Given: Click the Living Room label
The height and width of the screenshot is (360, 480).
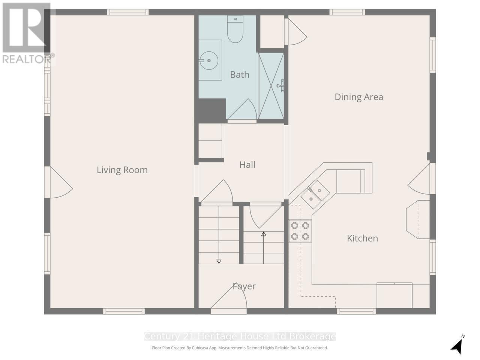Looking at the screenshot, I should coord(122,170).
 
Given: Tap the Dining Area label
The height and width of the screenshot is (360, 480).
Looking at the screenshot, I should coord(358,97).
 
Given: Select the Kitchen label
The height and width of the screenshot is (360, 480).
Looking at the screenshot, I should coord(362,238).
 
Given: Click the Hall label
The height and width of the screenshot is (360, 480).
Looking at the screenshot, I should coord(247,165).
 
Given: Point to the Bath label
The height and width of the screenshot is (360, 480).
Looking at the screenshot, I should coord(240,75).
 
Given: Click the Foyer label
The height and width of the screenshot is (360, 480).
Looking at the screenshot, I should coord(244,286).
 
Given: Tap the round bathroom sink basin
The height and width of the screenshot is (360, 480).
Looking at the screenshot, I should coord(208,60).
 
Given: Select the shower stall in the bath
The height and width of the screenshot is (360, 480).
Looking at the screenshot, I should coord(271,85).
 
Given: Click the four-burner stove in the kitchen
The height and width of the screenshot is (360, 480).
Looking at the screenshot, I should coord(300,231).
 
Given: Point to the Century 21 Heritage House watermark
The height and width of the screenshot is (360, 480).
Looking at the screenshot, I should coord(240,337).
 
